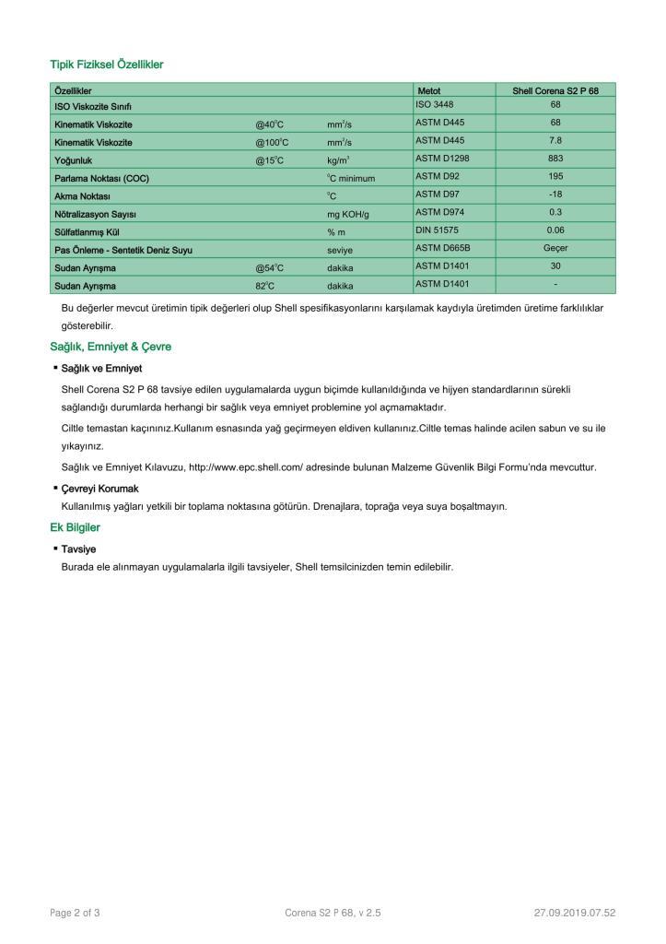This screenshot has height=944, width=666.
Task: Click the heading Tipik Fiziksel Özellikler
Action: tap(106, 65)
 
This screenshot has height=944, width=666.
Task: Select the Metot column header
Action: tap(429, 91)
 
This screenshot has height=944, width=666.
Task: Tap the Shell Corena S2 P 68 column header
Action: tap(555, 91)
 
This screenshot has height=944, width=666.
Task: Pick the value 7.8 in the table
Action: tap(555, 140)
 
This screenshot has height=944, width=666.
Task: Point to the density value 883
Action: tap(555, 159)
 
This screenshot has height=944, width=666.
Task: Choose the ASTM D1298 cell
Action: tap(443, 159)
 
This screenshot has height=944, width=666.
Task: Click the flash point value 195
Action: tap(555, 176)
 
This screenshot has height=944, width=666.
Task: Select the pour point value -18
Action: tap(555, 195)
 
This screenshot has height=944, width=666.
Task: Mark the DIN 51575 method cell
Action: tap(438, 230)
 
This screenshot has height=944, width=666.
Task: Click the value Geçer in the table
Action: tap(555, 248)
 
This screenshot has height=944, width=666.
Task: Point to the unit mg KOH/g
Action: tap(347, 214)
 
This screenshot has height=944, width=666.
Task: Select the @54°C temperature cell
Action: tap(270, 268)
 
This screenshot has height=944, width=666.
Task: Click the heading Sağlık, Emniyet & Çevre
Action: tap(111, 347)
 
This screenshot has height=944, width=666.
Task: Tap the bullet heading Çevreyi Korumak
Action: tap(99, 489)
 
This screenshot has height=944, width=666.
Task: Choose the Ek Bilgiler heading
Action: tap(75, 527)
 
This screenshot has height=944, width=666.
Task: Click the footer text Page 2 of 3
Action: tap(75, 913)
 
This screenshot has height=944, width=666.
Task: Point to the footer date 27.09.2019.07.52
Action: tap(574, 913)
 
